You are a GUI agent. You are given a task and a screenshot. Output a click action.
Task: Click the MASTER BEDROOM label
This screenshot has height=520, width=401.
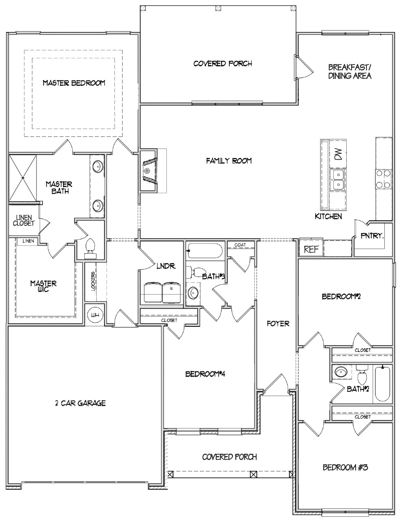click(74, 83)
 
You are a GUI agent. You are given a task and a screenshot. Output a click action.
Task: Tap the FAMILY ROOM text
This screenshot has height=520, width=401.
click(229, 161)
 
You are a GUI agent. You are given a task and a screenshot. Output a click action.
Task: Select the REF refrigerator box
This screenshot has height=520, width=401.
click(311, 249)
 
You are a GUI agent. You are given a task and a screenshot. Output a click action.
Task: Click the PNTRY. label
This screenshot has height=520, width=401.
click(372, 235)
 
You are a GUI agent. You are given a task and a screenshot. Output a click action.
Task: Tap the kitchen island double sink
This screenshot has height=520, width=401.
click(338, 180)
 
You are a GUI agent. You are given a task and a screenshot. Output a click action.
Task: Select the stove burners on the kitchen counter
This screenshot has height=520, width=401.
click(383, 179)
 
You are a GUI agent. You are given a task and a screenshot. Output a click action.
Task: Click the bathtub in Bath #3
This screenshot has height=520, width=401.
click(205, 251)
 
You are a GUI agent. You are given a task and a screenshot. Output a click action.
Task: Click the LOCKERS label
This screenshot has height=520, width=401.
click(93, 280)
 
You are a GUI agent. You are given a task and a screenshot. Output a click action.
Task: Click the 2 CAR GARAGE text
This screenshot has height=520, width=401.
click(80, 403)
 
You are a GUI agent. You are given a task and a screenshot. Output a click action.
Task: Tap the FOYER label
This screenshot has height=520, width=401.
click(278, 324)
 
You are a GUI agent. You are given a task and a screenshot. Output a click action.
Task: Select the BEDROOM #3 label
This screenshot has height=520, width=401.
click(345, 468)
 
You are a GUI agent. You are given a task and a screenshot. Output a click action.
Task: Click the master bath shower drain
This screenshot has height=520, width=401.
click(23, 178)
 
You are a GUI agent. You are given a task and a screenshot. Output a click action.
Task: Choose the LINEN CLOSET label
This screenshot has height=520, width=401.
click(23, 220)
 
